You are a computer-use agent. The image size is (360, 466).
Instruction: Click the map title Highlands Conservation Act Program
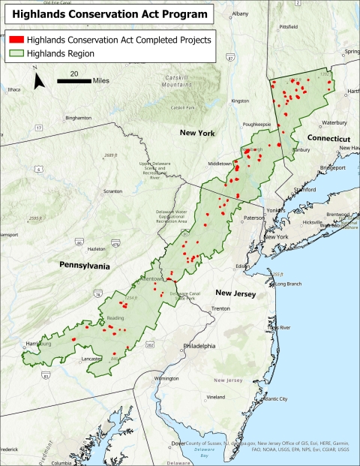[110, 14]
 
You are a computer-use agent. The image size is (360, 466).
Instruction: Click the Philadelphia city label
[199, 347]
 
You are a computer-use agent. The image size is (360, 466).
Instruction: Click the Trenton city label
[220, 308]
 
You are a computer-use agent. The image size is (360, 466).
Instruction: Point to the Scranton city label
[113, 191]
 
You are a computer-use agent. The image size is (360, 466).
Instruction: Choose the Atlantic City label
[273, 398]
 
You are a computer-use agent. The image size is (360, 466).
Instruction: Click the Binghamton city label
[78, 118]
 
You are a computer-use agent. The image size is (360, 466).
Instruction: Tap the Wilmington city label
[166, 379]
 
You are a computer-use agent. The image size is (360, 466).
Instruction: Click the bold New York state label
[197, 133]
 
